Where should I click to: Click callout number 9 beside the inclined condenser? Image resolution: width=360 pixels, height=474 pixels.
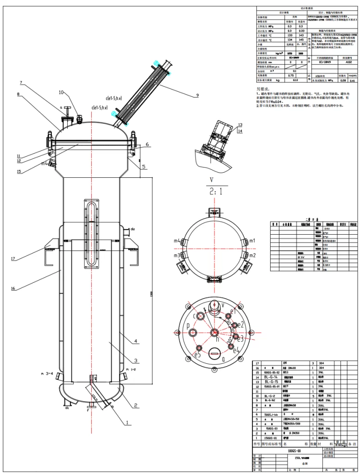click(x=197, y=95)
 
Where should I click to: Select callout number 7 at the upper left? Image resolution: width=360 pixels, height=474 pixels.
click(x=21, y=83)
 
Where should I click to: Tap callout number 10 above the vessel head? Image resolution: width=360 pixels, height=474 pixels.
click(x=61, y=93)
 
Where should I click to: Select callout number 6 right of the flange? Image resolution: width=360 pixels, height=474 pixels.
click(x=147, y=144)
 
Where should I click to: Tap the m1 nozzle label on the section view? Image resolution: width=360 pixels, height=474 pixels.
click(x=252, y=241)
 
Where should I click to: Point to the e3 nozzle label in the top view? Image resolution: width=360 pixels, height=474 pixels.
click(x=240, y=339)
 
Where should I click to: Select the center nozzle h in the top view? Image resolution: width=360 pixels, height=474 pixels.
click(x=214, y=332)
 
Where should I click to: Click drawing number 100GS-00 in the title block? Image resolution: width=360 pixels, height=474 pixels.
click(x=294, y=450)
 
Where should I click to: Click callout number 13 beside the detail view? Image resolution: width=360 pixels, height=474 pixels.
click(x=240, y=125)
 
